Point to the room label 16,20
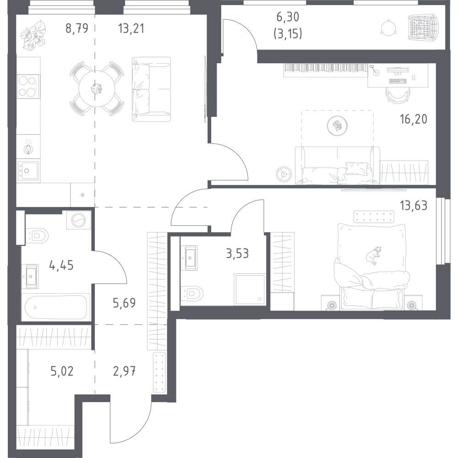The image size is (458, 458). coord(413,120)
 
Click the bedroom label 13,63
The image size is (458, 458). coord(413,206)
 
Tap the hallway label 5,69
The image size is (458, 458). coord(124,302)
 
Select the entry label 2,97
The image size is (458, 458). coord(124,370)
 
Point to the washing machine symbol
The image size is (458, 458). coord(78,220)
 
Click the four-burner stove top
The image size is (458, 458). coord(28,86)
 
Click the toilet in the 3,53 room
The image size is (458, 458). coord(192,292)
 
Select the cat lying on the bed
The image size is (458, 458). coord(372,255)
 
